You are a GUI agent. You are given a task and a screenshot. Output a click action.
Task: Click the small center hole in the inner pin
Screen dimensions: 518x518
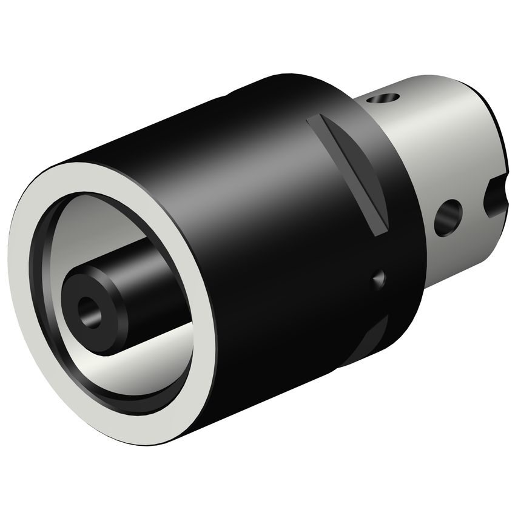[x=89, y=310]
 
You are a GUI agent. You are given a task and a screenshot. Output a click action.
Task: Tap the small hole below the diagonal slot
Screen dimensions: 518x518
[x=379, y=279]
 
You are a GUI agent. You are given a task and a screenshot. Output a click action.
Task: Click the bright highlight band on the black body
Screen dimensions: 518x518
[x=255, y=182]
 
